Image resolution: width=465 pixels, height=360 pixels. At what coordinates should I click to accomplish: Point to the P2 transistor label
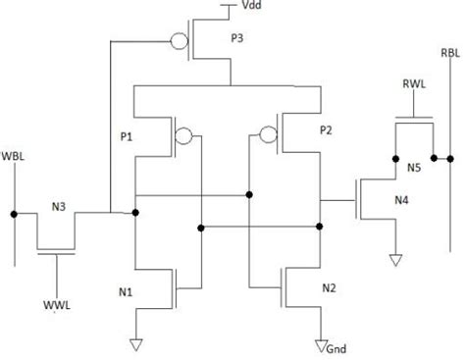point(328,129)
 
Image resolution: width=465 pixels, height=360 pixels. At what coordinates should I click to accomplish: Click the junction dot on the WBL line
point(15,212)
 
